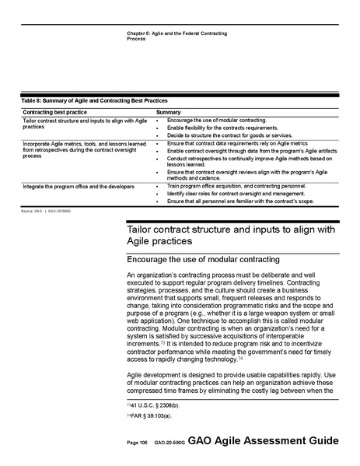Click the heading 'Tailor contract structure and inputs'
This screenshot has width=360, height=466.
click(232, 229)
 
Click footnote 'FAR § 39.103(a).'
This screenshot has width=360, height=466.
click(149, 417)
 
